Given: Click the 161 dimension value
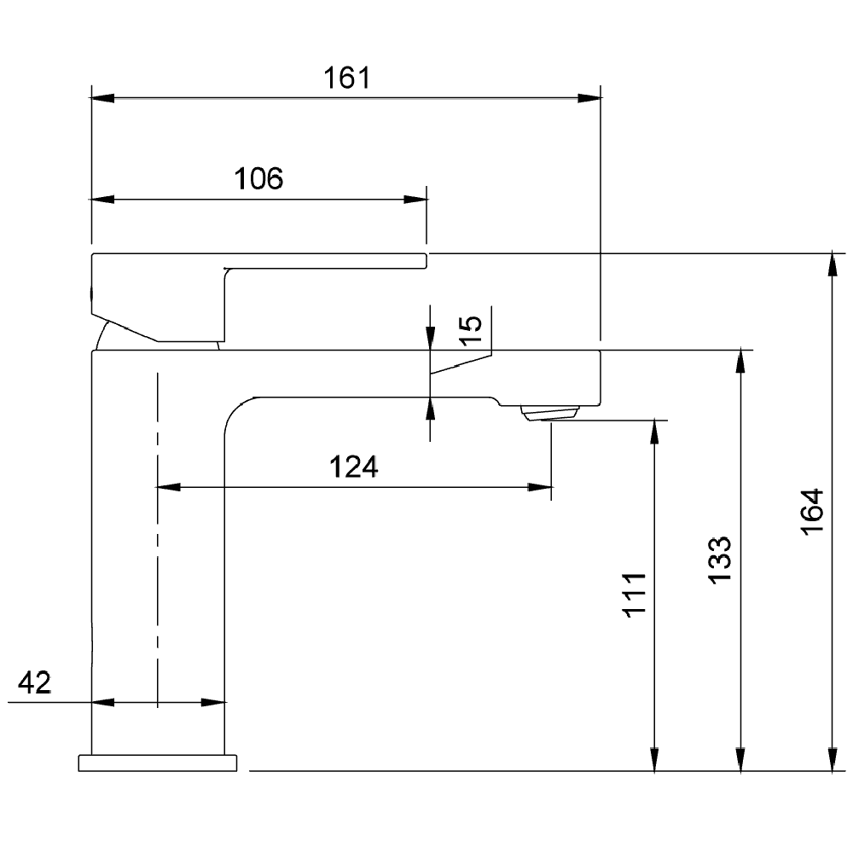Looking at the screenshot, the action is pyautogui.click(x=347, y=78).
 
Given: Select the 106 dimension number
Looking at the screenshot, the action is pyautogui.click(x=258, y=178).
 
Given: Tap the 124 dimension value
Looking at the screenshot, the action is pyautogui.click(x=354, y=467).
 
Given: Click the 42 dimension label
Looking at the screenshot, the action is pyautogui.click(x=34, y=682).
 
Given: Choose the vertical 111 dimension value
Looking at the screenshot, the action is pyautogui.click(x=635, y=595).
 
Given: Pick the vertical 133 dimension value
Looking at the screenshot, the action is pyautogui.click(x=720, y=560).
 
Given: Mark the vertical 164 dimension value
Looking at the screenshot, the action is pyautogui.click(x=813, y=512).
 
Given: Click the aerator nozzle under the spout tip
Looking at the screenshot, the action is pyautogui.click(x=548, y=414).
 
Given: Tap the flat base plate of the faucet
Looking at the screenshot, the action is pyautogui.click(x=158, y=763).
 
